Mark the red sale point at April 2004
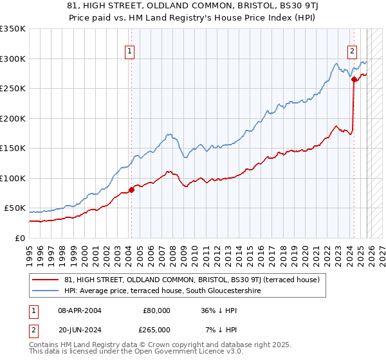point(131,190)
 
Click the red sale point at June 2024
point(354,80)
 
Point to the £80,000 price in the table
point(156,310)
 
